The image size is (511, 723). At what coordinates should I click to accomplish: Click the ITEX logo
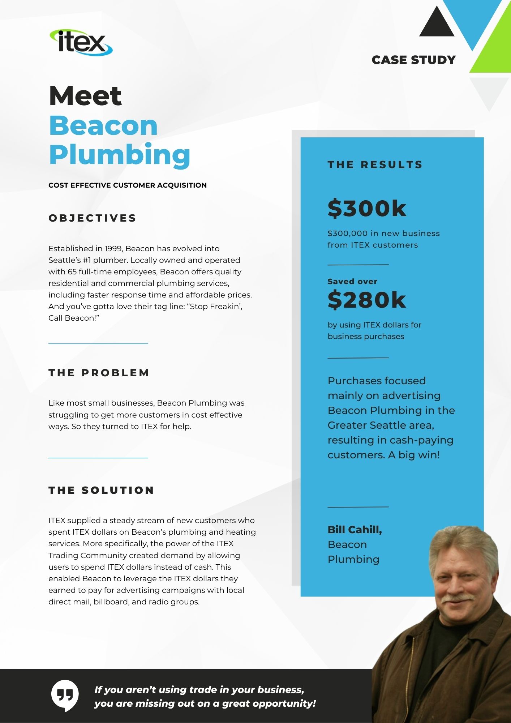(81, 43)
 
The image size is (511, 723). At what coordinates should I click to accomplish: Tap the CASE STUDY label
(413, 60)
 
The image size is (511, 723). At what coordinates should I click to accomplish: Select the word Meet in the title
(85, 96)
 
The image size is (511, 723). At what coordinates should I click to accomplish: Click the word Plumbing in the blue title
(120, 155)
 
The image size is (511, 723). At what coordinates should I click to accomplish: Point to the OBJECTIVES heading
(93, 218)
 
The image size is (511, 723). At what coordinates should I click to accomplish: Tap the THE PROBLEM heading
(99, 373)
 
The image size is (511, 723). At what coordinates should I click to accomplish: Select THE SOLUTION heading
(102, 490)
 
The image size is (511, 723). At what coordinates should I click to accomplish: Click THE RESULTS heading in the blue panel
(375, 165)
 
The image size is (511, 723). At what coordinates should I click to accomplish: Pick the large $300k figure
(367, 209)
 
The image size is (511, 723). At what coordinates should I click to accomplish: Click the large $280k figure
(367, 300)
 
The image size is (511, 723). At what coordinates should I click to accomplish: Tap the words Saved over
(352, 282)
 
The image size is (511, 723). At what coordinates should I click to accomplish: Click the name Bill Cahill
(355, 530)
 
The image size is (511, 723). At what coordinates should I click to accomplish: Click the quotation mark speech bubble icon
(65, 695)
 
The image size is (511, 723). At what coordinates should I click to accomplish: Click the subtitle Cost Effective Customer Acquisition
(128, 185)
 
